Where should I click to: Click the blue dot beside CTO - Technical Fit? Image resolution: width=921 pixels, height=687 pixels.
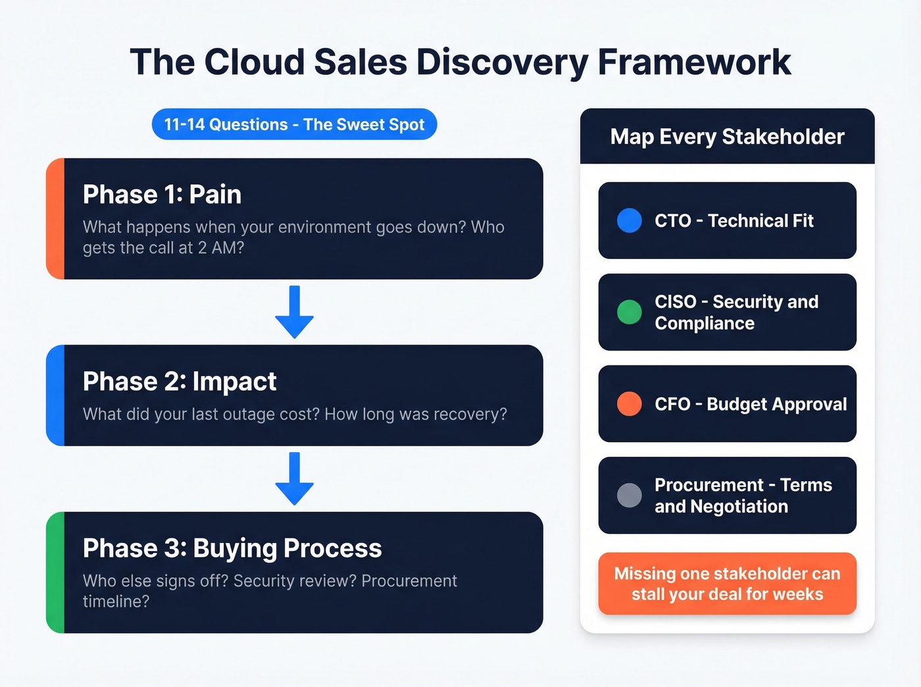(629, 221)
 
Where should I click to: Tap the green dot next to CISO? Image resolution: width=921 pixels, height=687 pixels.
(629, 312)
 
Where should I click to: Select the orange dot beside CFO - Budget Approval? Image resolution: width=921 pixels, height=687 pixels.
(629, 404)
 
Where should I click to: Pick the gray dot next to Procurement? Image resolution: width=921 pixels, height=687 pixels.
(629, 495)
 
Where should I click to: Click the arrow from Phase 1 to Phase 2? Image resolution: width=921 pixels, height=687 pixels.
(294, 312)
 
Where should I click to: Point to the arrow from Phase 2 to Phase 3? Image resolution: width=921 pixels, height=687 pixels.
(294, 478)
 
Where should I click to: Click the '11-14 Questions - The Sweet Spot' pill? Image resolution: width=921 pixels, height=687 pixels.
(294, 124)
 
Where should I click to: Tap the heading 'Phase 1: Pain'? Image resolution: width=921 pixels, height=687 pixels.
(162, 195)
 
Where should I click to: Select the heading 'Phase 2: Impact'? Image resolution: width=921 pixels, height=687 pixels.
(180, 381)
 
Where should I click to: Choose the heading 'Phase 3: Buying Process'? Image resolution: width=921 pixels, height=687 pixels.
(232, 548)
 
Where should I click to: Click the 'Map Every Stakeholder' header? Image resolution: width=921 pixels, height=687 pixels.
(727, 137)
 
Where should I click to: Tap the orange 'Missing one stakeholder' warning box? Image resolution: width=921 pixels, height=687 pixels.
(727, 584)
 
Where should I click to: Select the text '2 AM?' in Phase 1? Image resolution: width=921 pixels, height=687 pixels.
(221, 248)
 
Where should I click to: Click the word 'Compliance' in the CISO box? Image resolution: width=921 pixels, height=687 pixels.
(705, 323)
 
